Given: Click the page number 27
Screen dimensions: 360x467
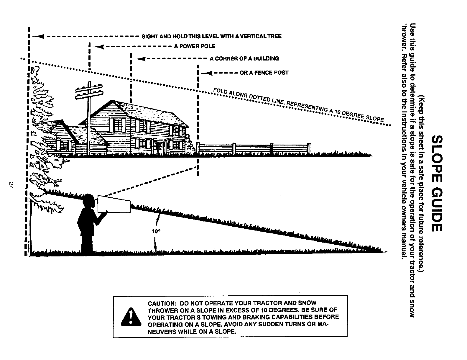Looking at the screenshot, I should pos(11,185).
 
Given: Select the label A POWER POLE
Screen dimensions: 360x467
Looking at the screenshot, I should pos(195,46).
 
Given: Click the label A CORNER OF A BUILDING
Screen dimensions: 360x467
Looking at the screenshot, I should pos(244,58).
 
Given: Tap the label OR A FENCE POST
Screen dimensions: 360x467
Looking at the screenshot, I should pos(264,73).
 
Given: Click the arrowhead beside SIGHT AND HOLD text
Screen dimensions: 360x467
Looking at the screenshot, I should pos(39,36).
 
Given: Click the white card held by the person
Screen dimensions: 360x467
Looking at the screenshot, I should pos(114,204).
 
